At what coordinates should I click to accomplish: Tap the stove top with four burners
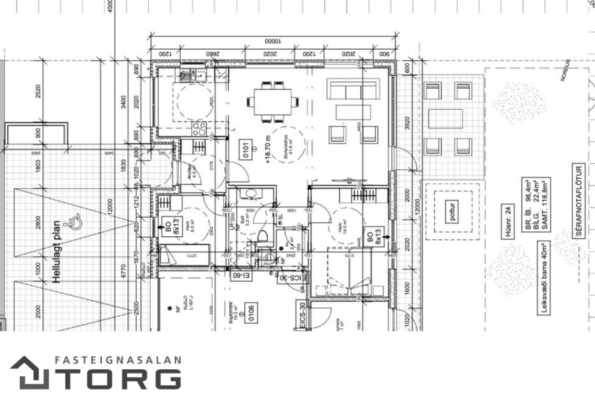click(199, 128)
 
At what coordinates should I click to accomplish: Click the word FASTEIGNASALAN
click(118, 361)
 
